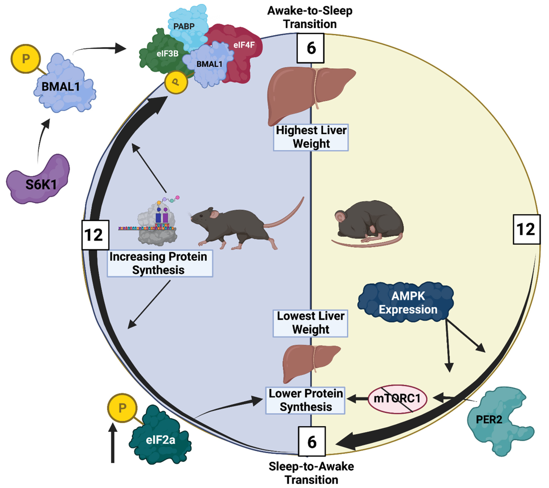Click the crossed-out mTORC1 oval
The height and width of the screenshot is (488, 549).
(x=397, y=398)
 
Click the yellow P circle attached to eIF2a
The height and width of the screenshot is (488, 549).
(x=122, y=408)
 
